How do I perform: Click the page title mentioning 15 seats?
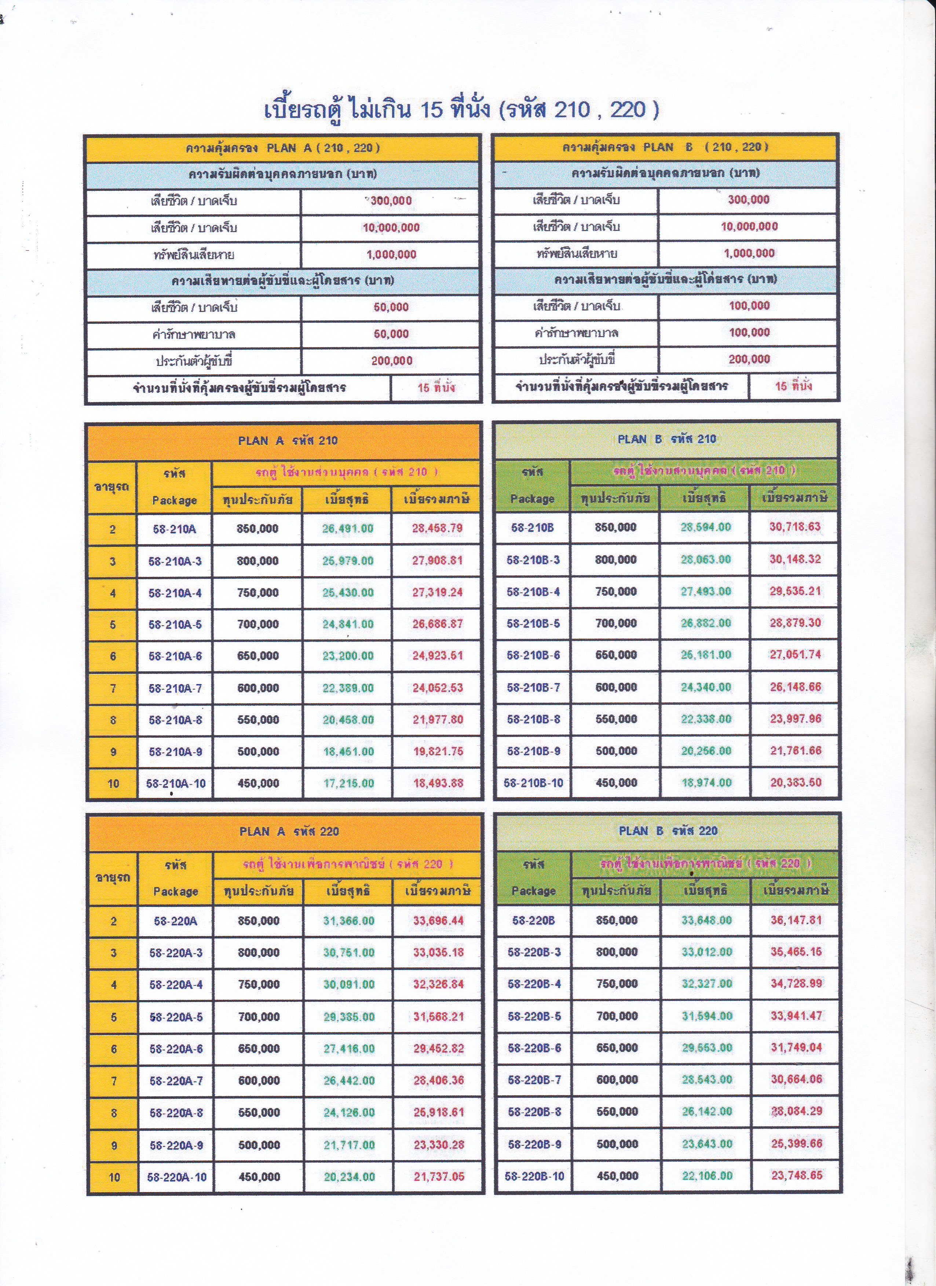(462, 109)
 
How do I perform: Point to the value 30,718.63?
(794, 527)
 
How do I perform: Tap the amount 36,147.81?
(796, 920)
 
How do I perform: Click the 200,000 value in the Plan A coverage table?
(391, 361)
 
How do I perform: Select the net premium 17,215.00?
(348, 784)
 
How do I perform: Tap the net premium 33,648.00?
(706, 920)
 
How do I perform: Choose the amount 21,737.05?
(439, 1177)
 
